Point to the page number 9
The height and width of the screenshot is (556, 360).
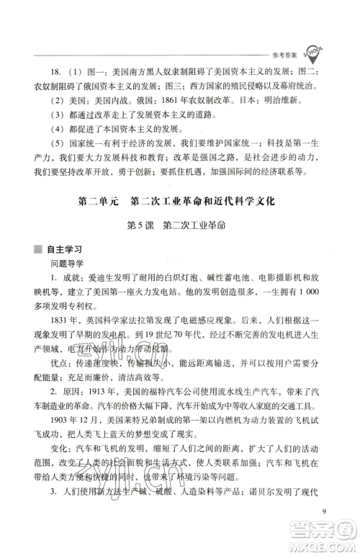(325, 512)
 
